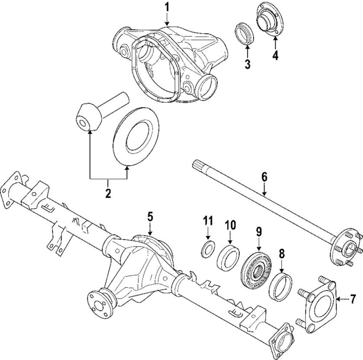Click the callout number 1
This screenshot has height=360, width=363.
coord(167,8)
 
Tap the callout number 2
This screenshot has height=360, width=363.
coord(108,193)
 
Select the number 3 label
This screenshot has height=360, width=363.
coord(248,64)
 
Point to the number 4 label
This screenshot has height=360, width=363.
coord(275,55)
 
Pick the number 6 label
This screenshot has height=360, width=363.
coord(264,177)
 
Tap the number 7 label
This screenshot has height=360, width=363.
coord(353,299)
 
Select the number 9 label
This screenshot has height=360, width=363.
coord(258,232)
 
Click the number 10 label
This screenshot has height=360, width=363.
coord(230,224)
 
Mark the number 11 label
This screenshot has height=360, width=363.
coord(208,221)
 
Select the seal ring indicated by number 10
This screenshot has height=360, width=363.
coord(229,258)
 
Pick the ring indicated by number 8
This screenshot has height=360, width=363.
coord(280,287)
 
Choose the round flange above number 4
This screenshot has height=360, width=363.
coord(270,19)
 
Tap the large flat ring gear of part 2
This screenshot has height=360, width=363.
coord(137,136)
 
